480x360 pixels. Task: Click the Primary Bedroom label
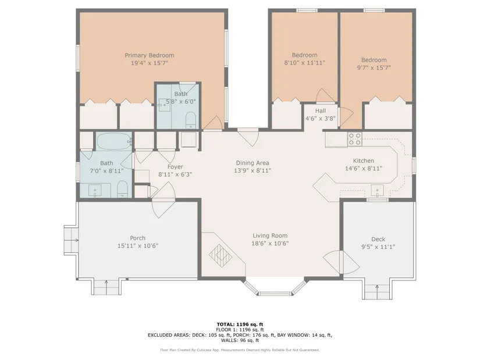(x=150, y=55)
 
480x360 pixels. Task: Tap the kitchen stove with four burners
(x=355, y=138)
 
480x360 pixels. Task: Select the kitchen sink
(x=378, y=191)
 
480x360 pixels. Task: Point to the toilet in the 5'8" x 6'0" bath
(x=191, y=120)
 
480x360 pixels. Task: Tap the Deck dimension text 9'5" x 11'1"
(x=378, y=247)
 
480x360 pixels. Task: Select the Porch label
(x=138, y=238)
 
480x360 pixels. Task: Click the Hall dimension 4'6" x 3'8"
(x=321, y=119)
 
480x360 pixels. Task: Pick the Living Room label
(x=270, y=236)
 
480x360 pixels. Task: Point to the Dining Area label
(x=253, y=163)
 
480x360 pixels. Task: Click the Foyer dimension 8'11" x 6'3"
(x=175, y=174)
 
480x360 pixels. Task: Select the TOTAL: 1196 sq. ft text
(x=240, y=325)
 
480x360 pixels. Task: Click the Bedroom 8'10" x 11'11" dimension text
(x=305, y=63)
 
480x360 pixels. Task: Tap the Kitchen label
(x=364, y=161)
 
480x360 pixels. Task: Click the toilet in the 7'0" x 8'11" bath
(x=122, y=188)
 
